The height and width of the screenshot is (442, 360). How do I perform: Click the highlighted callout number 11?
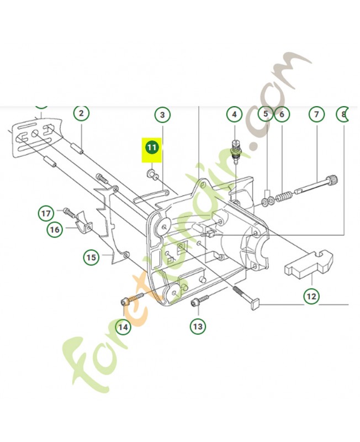(x=152, y=148)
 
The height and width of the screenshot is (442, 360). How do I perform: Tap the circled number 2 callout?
(x=81, y=114)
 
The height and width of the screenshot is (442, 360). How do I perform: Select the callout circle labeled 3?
(x=162, y=115)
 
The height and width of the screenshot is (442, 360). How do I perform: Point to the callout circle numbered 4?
(x=234, y=115)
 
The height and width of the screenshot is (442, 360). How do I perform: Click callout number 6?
(x=282, y=115)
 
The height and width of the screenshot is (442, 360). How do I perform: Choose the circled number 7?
(x=316, y=115)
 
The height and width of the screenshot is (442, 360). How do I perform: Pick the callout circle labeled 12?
(x=311, y=296)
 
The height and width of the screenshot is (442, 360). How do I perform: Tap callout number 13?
(x=198, y=327)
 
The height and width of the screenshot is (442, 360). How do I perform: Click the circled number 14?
(x=123, y=327)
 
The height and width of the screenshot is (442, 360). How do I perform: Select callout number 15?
(x=91, y=257)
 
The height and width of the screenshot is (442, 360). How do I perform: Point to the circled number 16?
(x=54, y=229)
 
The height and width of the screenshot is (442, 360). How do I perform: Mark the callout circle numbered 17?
(x=46, y=212)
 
